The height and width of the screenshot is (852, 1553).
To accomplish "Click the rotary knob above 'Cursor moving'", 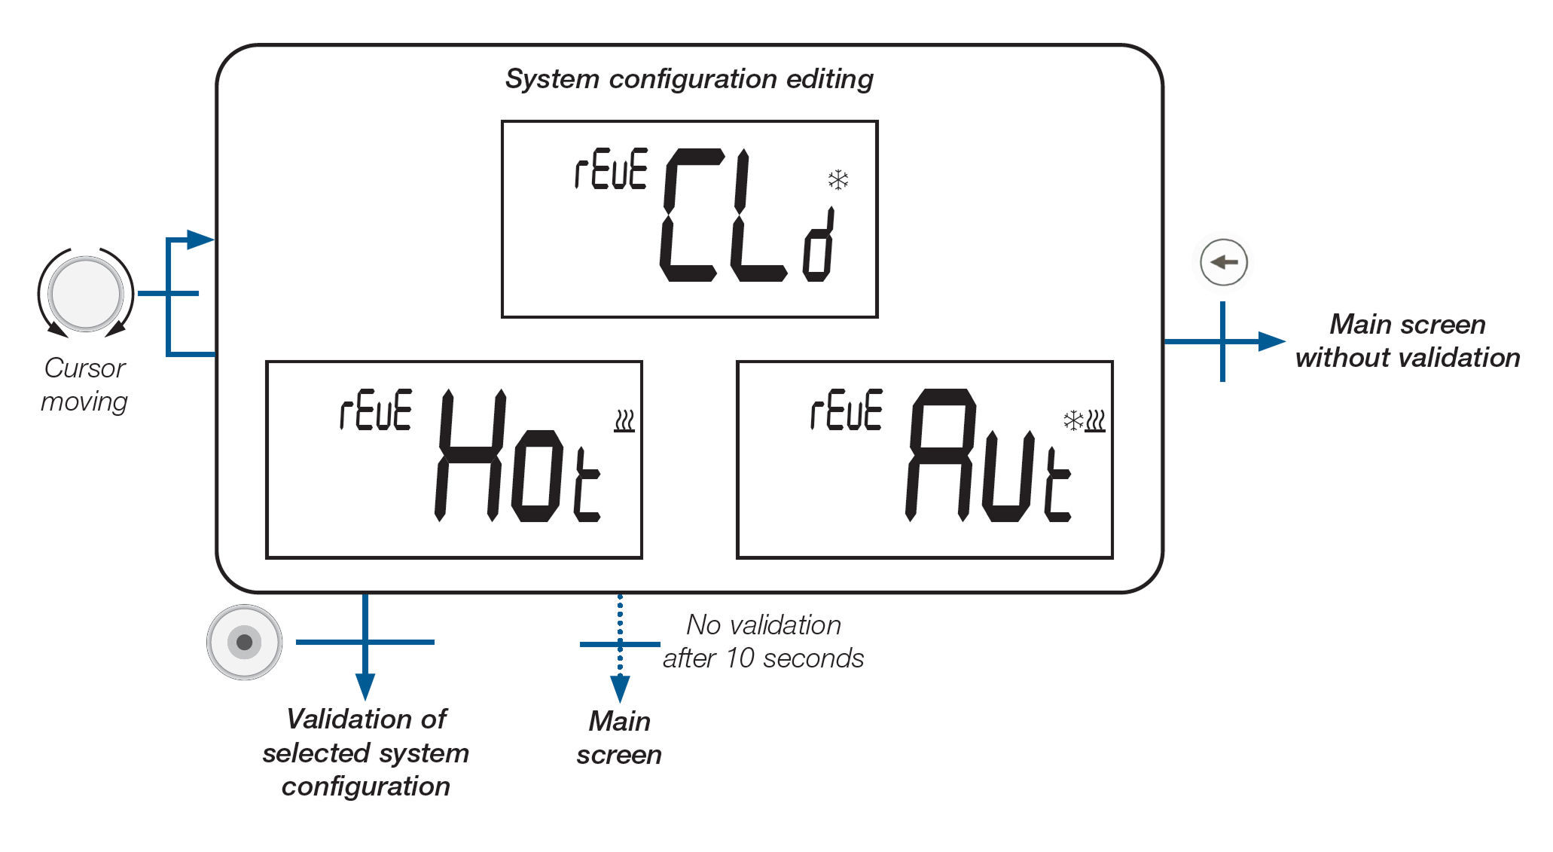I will pos(86,294).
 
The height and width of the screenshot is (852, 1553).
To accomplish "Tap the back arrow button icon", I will pos(1224,262).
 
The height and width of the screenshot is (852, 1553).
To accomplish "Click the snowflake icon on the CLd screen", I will pos(838,180).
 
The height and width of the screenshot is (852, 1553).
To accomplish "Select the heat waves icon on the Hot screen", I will pos(624,421).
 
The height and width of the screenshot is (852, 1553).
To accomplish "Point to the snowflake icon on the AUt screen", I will pos(1073,420).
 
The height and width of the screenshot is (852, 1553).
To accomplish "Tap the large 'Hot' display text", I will pos(518,457).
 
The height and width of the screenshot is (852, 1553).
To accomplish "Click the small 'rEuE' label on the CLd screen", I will pos(611,169).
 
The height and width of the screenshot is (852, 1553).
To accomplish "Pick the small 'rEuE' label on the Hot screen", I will pos(376,411).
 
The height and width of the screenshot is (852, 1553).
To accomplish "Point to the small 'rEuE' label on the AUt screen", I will pos(846,411).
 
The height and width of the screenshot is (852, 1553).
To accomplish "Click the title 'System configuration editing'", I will pos(689,79).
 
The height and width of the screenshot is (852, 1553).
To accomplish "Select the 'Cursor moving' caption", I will pos(84,385).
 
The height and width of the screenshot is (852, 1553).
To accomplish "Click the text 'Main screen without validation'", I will pos(1408,341).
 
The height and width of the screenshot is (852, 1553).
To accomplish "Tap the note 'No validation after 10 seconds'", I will pos(764,642).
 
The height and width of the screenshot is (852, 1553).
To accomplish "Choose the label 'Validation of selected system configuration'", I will pos(366,753).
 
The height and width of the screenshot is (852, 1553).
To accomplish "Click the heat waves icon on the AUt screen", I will pos(1095,420).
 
